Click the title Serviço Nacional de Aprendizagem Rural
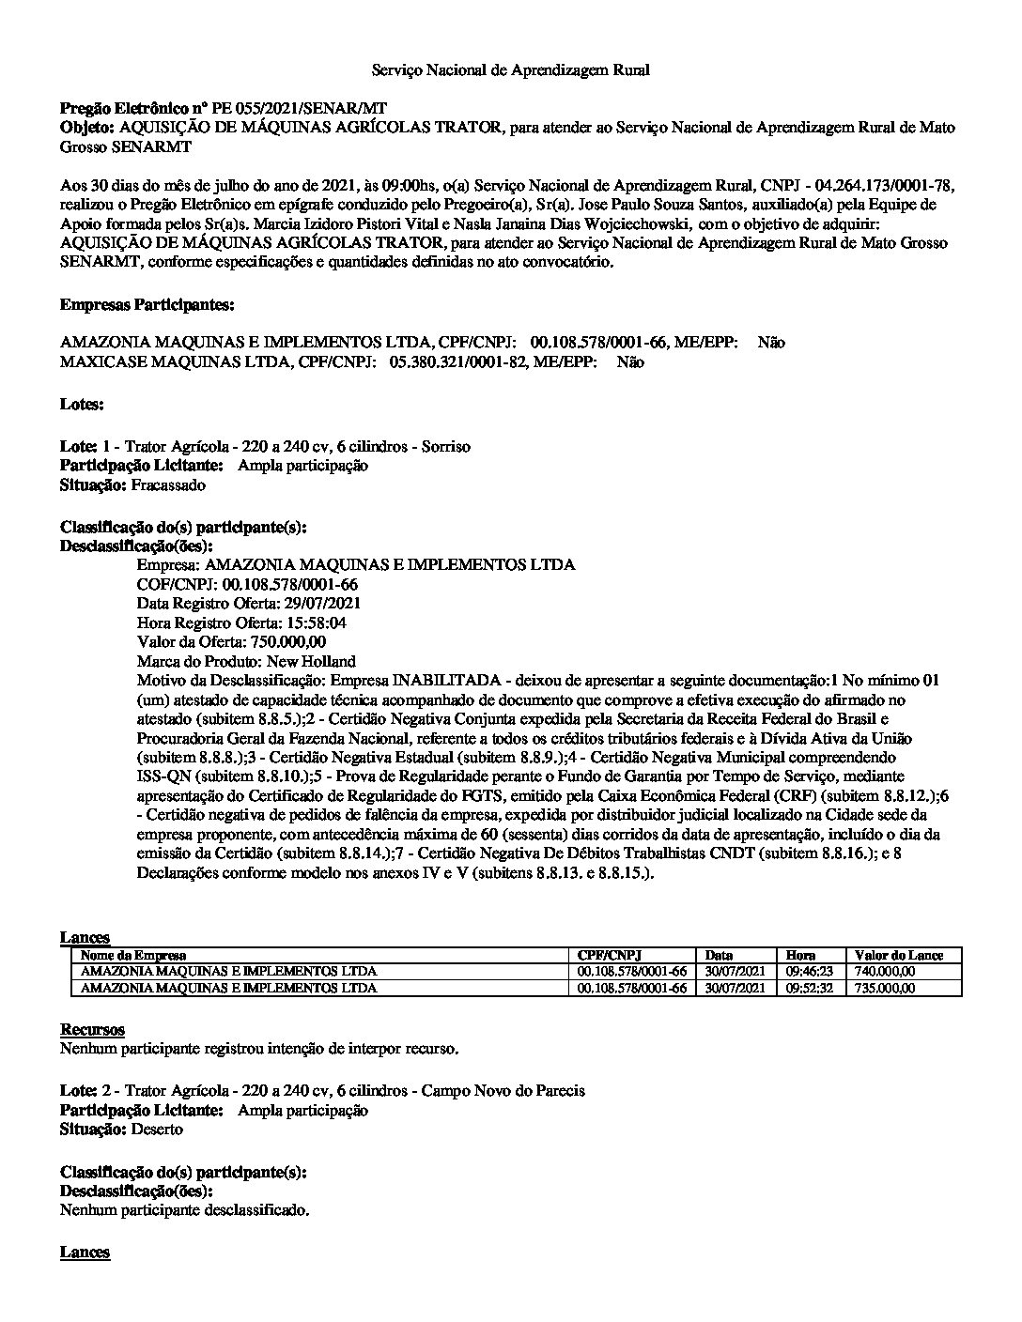point(510,70)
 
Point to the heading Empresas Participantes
point(147,305)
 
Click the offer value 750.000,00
point(287,642)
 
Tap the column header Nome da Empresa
point(133,955)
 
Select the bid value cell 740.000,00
point(885,972)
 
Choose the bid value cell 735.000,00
point(885,988)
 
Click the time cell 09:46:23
point(809,972)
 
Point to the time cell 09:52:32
point(809,988)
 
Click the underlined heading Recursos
point(92,1030)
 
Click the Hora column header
point(800,955)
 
